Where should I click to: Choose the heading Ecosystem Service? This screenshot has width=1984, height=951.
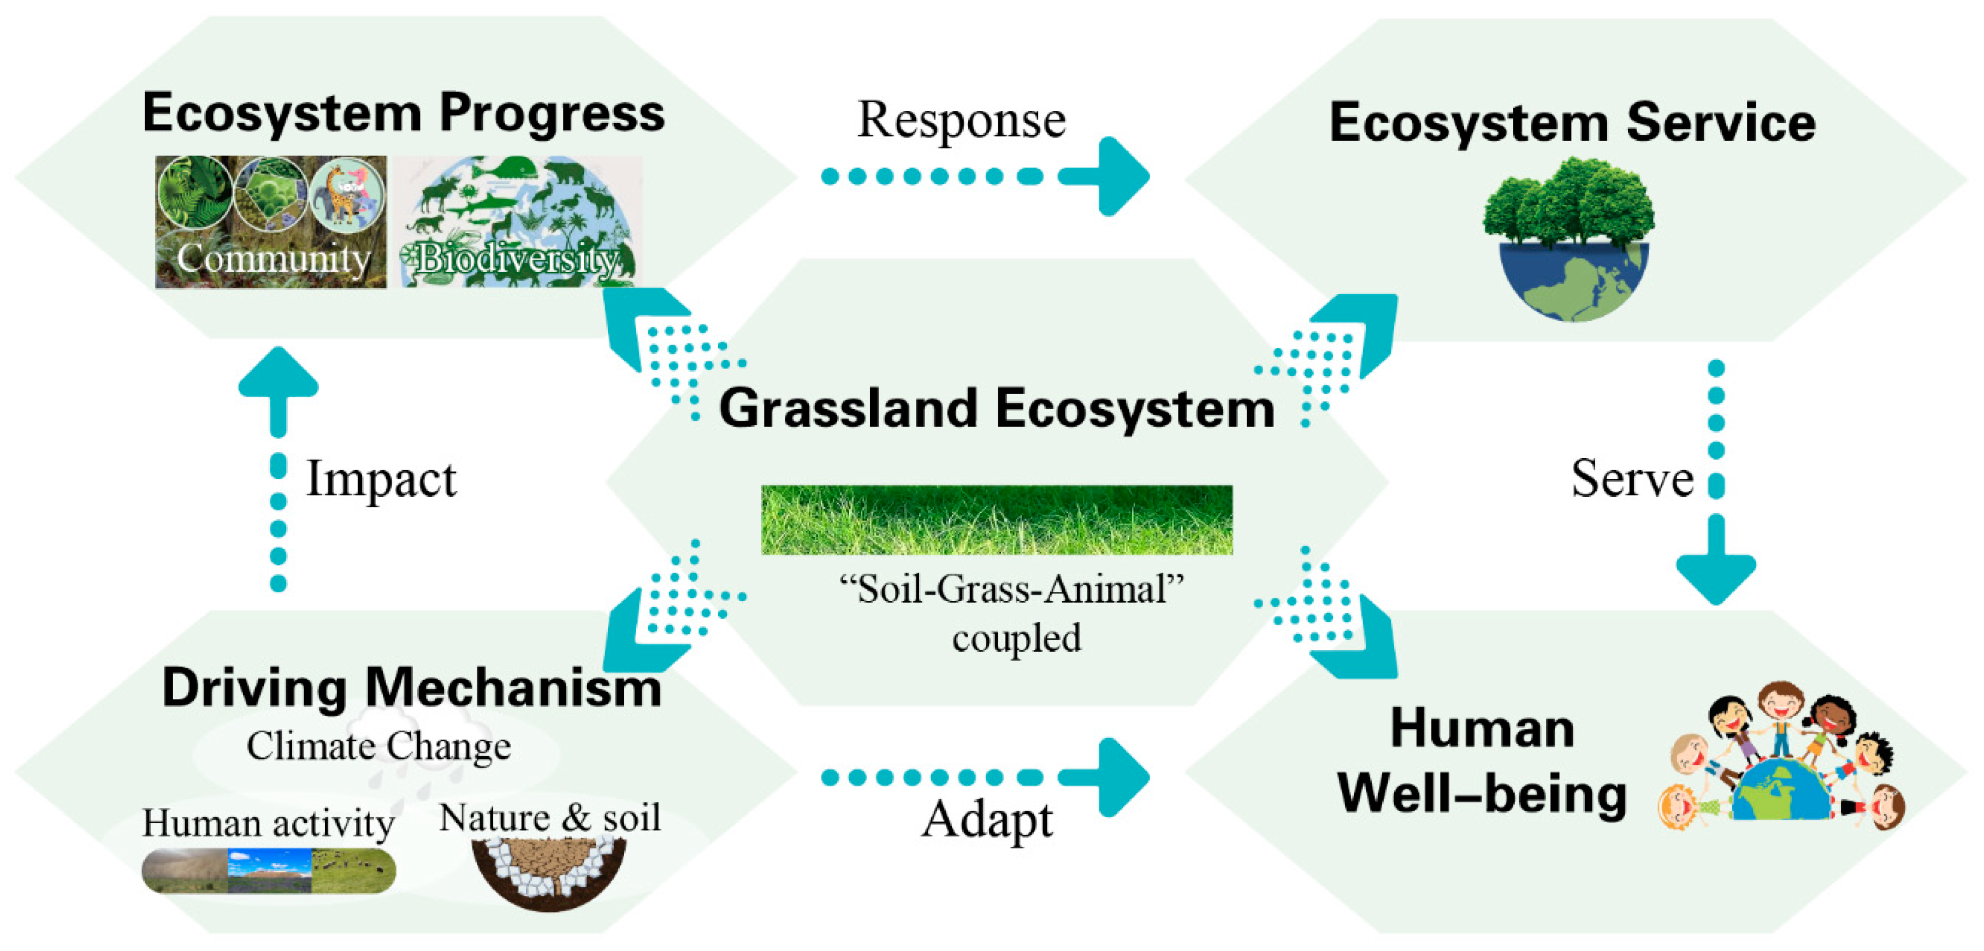tap(1572, 123)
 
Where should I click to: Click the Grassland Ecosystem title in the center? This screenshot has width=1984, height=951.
tap(997, 408)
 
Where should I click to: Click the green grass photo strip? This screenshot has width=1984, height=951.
tap(997, 520)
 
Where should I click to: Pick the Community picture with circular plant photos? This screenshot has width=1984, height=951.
tap(270, 222)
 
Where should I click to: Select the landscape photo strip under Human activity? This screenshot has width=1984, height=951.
tap(269, 871)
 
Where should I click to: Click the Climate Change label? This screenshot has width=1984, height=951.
tap(379, 745)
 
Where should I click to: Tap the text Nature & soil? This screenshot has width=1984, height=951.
tap(550, 818)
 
